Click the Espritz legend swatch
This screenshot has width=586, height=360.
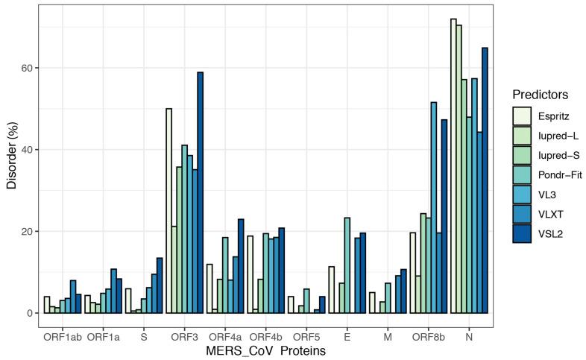point(522,116)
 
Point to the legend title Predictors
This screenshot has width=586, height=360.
point(541,95)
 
